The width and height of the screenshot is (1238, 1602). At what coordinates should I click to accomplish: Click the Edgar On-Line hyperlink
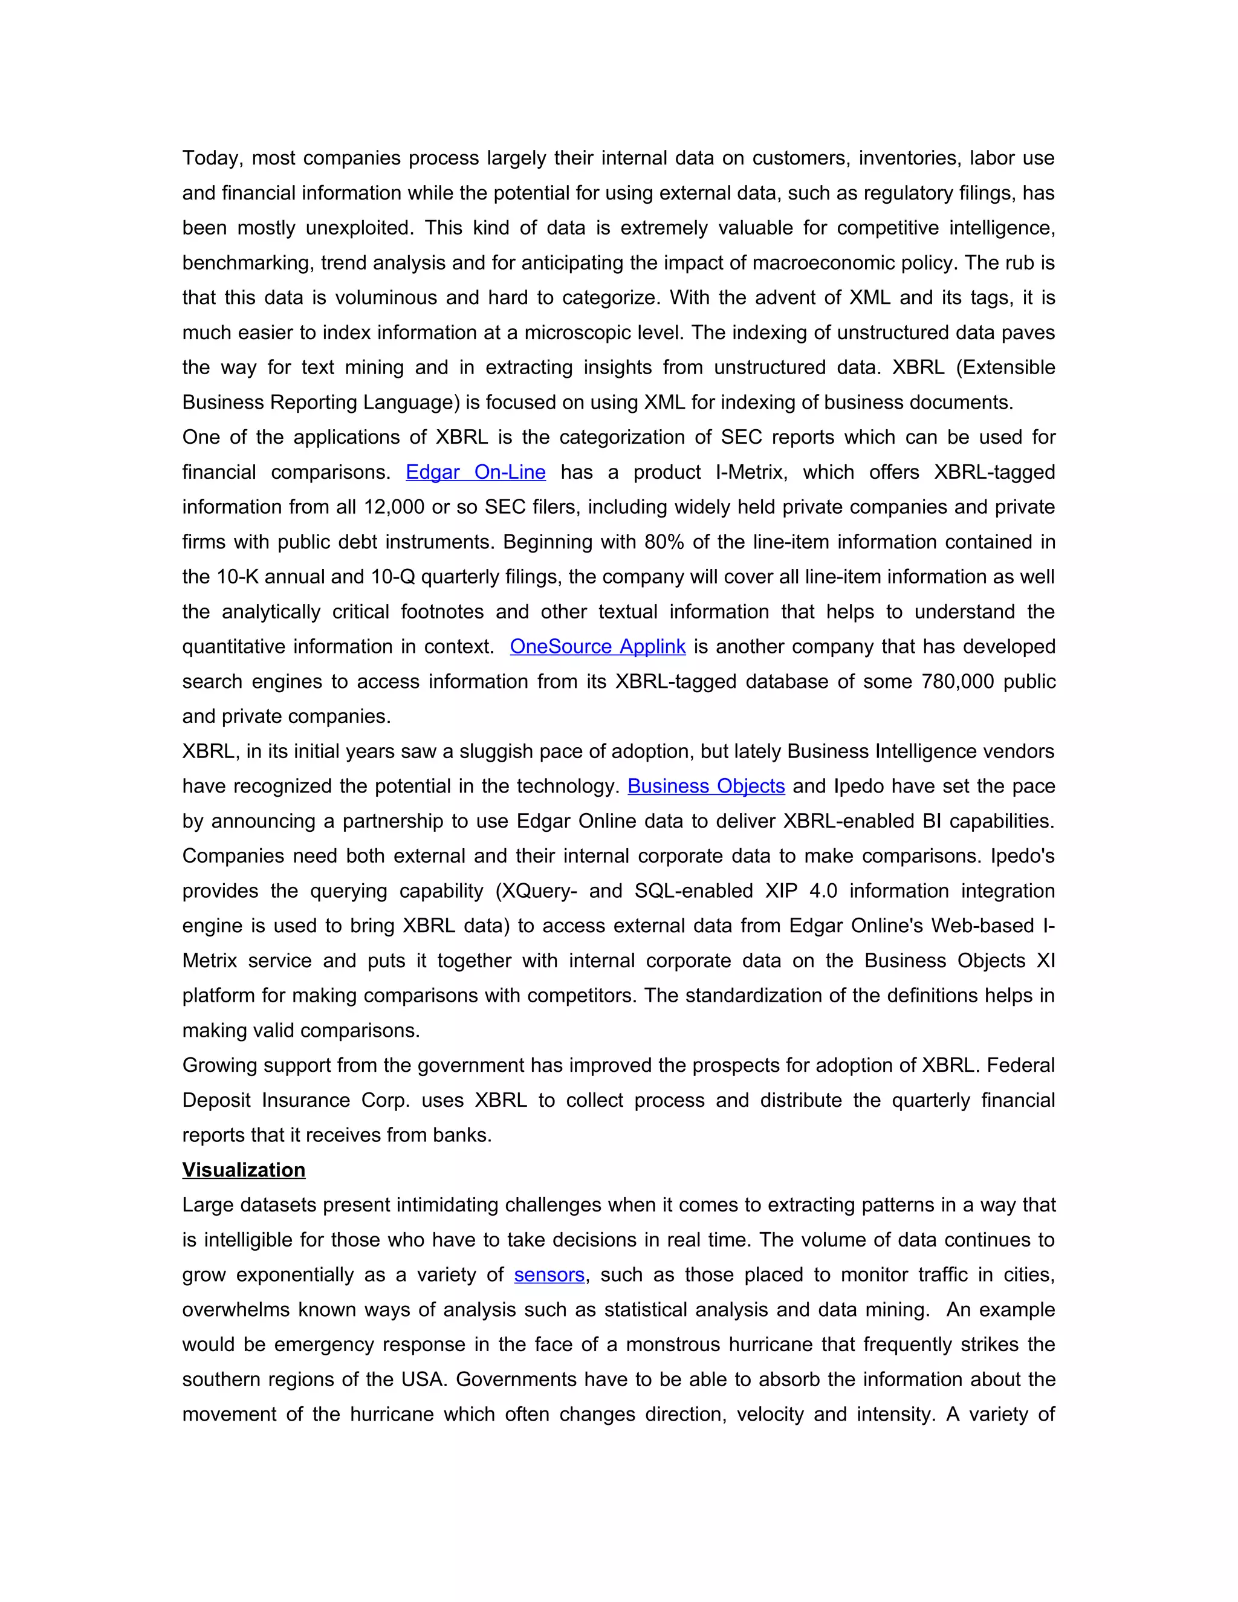475,472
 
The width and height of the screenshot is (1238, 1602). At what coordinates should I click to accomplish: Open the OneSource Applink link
598,647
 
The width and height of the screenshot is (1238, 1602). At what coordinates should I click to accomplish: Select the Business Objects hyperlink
706,786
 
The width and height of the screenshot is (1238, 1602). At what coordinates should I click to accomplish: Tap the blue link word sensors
549,1275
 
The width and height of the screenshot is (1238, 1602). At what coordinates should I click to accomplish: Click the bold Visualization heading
244,1170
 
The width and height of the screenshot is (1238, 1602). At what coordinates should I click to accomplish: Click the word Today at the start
212,158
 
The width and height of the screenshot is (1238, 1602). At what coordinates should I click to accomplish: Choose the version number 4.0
823,891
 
